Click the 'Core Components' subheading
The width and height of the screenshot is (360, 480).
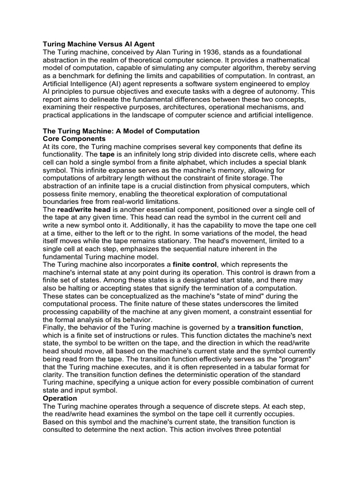tap(74, 139)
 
